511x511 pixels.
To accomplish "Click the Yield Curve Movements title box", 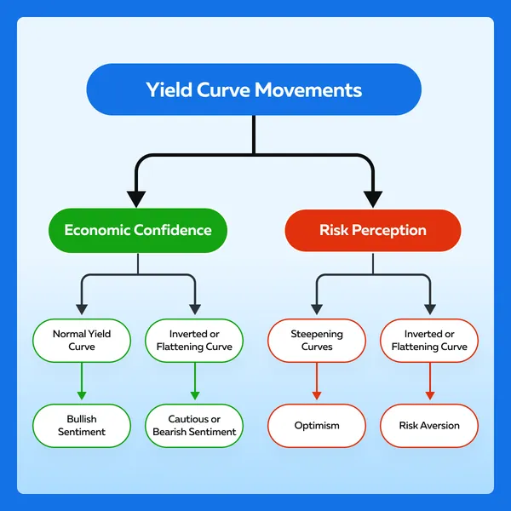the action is click(x=254, y=89).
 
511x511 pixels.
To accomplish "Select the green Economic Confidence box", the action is click(x=138, y=230).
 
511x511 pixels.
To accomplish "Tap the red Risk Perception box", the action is click(x=373, y=230).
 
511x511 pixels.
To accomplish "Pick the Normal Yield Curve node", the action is click(x=82, y=340).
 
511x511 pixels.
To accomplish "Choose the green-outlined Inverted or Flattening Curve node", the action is click(x=194, y=340).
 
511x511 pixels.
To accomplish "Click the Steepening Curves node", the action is click(x=317, y=340).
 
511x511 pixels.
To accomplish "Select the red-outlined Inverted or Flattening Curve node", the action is click(x=429, y=340).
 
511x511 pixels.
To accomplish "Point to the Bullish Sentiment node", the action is click(x=82, y=425).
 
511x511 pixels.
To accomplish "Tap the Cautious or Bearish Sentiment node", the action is click(x=194, y=425).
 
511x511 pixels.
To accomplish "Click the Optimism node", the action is click(x=317, y=425).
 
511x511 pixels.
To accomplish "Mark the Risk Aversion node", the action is click(x=429, y=425).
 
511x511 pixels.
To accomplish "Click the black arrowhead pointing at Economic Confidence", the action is click(x=136, y=199).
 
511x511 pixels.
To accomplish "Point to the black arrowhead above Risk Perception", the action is click(x=373, y=199).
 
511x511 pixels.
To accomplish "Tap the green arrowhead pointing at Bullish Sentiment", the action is click(x=82, y=396).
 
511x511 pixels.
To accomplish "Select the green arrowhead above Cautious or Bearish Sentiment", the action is click(x=195, y=396).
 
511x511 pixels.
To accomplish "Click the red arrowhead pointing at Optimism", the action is click(x=317, y=396).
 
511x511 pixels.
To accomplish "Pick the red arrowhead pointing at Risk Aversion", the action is click(x=430, y=396).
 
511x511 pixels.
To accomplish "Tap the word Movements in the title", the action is click(x=308, y=89).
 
